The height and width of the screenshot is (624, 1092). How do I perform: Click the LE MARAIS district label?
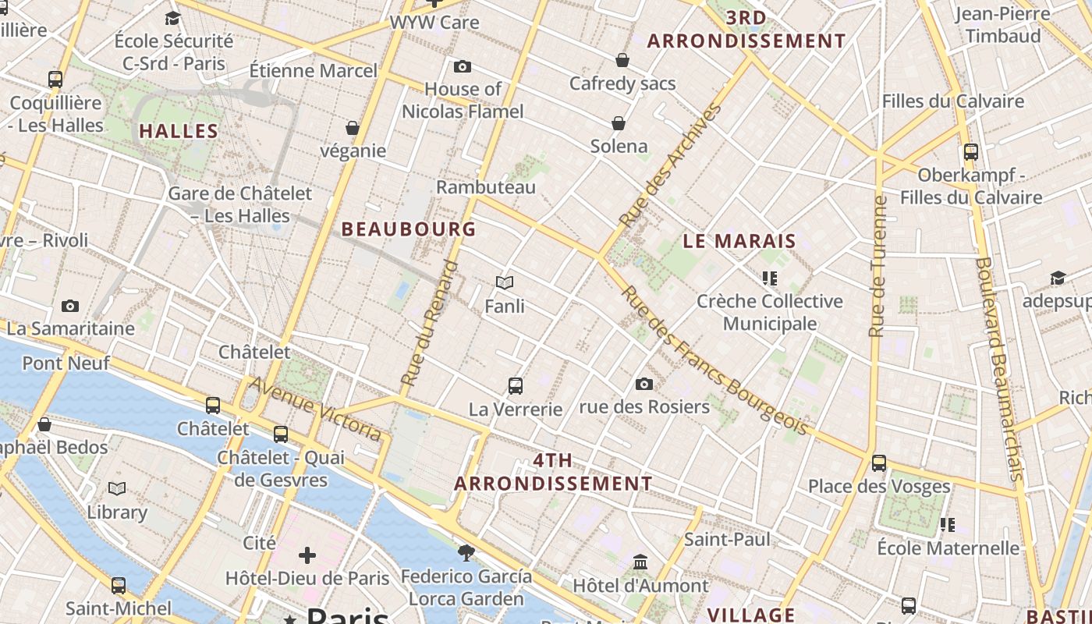point(739,241)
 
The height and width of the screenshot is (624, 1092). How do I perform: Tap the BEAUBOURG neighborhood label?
point(409,229)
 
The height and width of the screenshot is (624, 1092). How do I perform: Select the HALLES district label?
point(179,131)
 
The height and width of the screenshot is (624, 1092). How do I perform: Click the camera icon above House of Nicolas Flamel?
point(463,67)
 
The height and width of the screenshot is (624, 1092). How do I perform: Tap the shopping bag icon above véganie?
point(353,128)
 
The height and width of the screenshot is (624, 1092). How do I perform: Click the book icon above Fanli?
point(505,282)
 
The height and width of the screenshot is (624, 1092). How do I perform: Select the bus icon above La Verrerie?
point(515,385)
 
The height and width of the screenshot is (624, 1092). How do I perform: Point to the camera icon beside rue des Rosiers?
point(643,384)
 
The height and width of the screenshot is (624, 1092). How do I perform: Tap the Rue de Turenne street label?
point(877,265)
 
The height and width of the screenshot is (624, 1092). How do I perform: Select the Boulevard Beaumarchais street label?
point(998,367)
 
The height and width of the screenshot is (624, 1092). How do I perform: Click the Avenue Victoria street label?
point(315,409)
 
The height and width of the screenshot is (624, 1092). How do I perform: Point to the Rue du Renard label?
point(430,323)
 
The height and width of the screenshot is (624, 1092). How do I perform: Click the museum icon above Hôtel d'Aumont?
point(640,562)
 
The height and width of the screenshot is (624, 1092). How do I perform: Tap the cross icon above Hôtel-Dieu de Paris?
point(307,555)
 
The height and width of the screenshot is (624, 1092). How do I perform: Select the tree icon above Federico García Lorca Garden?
point(466,553)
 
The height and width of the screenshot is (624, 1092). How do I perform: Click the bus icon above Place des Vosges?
point(879,463)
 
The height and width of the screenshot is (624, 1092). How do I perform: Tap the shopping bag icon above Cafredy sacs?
point(622,60)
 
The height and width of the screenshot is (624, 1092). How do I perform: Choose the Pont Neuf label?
point(66,363)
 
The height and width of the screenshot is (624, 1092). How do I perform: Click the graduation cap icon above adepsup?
point(1058,278)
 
